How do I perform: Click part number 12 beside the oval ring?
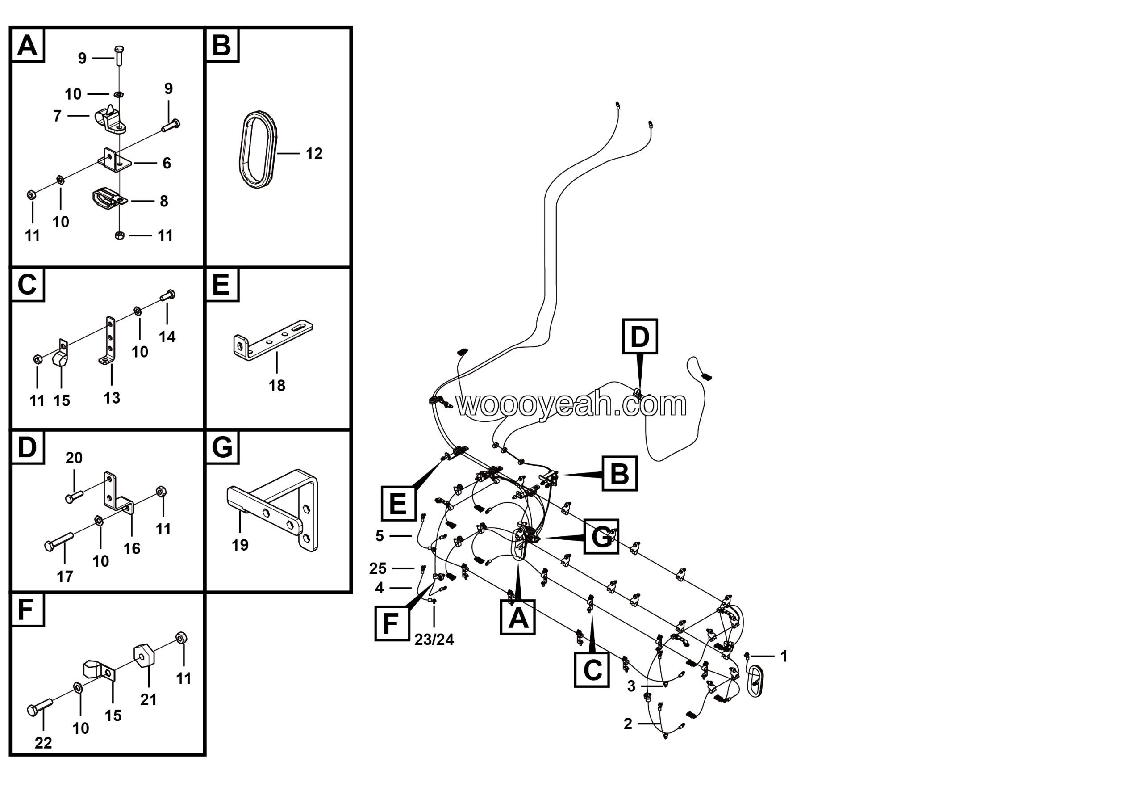point(314,153)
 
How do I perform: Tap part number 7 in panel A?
point(57,116)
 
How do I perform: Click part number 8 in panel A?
point(164,201)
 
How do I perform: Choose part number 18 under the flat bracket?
point(277,385)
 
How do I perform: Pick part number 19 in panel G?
point(240,544)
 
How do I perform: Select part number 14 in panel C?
point(167,337)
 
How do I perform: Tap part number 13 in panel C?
point(112,398)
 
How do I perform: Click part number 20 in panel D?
point(74,458)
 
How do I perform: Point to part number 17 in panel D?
point(65,577)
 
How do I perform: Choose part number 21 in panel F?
point(148,699)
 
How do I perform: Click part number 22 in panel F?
point(43,743)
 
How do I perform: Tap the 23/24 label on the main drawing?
point(434,640)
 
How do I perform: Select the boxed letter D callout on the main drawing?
point(640,337)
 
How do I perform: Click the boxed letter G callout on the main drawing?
point(601,537)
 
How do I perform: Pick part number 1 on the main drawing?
point(784,656)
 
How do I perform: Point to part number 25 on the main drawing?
point(378,568)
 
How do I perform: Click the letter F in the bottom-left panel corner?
point(27,610)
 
